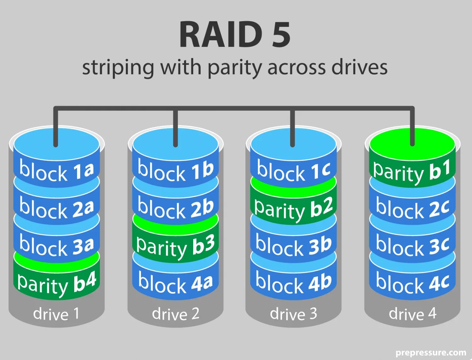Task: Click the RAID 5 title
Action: pyautogui.click(x=235, y=35)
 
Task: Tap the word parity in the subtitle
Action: pyautogui.click(x=235, y=68)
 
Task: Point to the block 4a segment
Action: pyautogui.click(x=176, y=283)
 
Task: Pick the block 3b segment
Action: pyautogui.click(x=294, y=246)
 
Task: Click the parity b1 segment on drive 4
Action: pyautogui.click(x=412, y=172)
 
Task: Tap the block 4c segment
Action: pyautogui.click(x=412, y=283)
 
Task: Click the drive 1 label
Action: pyautogui.click(x=56, y=314)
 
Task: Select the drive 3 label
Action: pyautogui.click(x=294, y=314)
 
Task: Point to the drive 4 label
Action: pyautogui.click(x=413, y=314)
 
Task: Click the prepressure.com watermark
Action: pyautogui.click(x=431, y=352)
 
